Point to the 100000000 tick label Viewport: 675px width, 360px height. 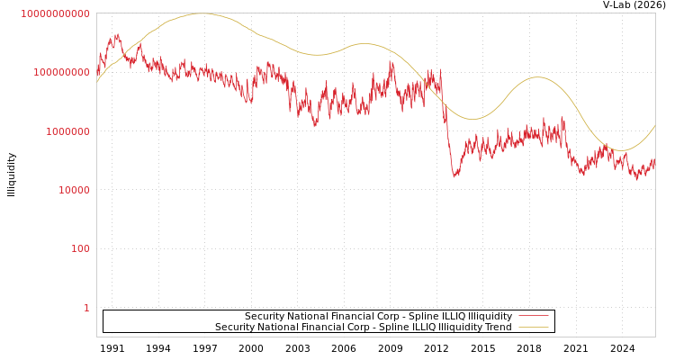(55, 72)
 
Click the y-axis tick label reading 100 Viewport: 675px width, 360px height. (80, 248)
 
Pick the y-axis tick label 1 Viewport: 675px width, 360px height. (86, 308)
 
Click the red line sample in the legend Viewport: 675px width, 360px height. (533, 317)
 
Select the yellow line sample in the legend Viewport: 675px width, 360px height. (533, 328)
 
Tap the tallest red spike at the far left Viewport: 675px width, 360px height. (117, 35)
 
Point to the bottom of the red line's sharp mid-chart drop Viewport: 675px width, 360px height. (455, 175)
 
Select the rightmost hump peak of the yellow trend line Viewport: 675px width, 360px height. (537, 77)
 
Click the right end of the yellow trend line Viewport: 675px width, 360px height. (655, 125)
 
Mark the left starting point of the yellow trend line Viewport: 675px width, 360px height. (97, 83)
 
